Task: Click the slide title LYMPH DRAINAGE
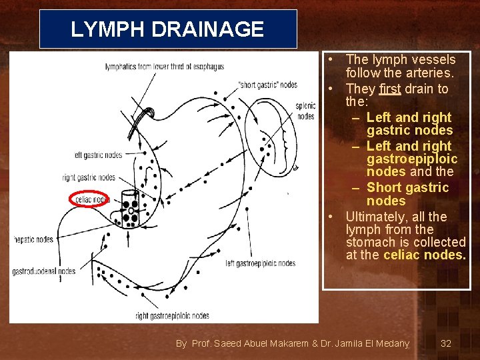(167, 29)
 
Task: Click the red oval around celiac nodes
(89, 199)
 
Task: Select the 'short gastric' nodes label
(267, 85)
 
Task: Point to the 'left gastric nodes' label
(98, 155)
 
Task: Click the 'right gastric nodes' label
(89, 177)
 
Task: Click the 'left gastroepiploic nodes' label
(260, 263)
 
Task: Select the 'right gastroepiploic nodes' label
(172, 315)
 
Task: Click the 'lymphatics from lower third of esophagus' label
(165, 67)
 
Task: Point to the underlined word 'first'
(390, 89)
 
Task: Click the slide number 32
(446, 343)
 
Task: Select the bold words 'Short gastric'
(407, 187)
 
